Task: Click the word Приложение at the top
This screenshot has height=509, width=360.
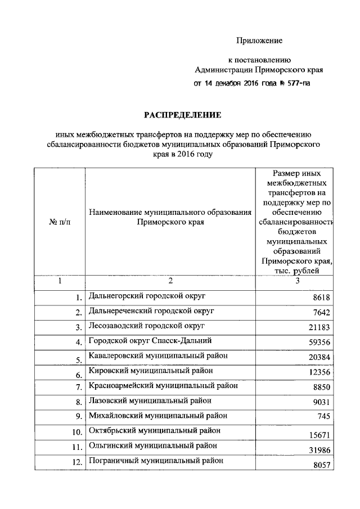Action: (x=259, y=41)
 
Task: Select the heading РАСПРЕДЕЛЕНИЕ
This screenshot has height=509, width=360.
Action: (x=183, y=115)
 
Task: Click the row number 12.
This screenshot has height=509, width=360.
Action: (x=76, y=462)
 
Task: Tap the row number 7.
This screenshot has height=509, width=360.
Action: (x=79, y=388)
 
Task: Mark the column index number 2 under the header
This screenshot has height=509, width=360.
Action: (x=170, y=281)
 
